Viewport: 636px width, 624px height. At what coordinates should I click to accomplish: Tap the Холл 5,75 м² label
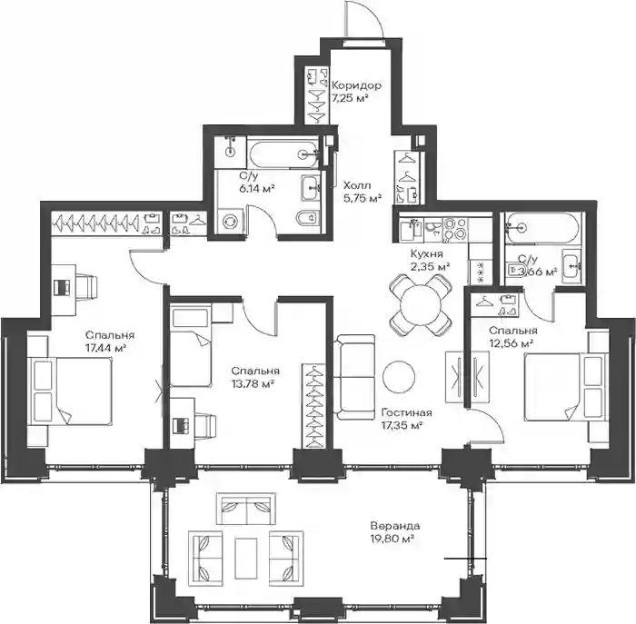(x=363, y=193)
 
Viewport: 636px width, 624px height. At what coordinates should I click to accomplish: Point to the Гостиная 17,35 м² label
(x=407, y=419)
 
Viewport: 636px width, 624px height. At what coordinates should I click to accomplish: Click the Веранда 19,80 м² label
(x=395, y=532)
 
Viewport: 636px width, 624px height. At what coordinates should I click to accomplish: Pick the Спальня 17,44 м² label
(x=110, y=342)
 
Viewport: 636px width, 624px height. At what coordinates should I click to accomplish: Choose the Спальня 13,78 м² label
(x=255, y=377)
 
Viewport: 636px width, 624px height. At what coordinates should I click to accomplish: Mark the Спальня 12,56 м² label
(x=513, y=337)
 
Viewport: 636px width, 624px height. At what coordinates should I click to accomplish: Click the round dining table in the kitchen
(x=421, y=304)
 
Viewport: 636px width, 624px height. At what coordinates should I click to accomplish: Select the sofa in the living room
(x=354, y=377)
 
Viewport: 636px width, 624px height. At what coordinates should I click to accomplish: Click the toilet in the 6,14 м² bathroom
(x=309, y=219)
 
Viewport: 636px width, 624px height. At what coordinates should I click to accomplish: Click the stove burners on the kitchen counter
(x=454, y=230)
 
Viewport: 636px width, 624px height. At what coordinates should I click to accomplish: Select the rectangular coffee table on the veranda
(x=246, y=558)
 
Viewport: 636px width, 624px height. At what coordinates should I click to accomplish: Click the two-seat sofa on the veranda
(x=246, y=509)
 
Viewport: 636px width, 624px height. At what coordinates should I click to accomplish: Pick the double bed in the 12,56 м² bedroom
(x=566, y=387)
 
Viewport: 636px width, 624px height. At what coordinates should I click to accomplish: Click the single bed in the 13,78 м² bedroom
(x=191, y=346)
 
